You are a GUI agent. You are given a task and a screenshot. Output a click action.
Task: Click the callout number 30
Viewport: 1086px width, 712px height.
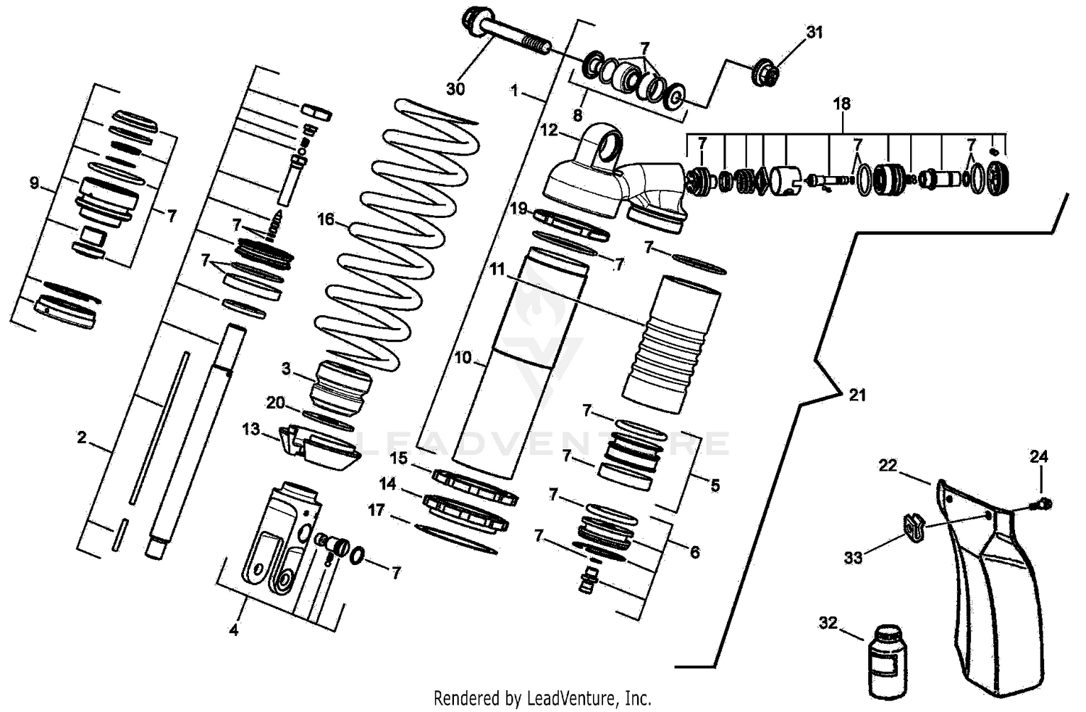[455, 89]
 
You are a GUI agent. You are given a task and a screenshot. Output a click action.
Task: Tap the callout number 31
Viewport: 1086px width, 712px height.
[814, 33]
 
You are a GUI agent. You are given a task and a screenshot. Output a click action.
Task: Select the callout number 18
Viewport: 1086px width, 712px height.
[841, 104]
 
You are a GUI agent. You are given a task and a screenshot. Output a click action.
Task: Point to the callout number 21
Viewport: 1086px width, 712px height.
[857, 395]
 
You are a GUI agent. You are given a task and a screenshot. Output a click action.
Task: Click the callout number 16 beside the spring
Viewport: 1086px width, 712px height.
[326, 219]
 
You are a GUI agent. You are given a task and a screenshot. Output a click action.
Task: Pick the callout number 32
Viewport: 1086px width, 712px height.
[828, 623]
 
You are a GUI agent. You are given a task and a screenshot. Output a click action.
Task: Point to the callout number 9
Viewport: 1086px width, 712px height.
[34, 183]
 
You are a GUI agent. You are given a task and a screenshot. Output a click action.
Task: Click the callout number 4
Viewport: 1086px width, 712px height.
[233, 630]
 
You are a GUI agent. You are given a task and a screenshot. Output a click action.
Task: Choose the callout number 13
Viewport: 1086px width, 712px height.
[251, 430]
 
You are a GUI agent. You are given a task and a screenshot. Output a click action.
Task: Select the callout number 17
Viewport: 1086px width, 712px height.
[376, 511]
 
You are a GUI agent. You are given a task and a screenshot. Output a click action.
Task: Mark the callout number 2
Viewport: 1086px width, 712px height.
[82, 437]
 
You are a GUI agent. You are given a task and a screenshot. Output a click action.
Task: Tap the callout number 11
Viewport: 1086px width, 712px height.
[497, 269]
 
